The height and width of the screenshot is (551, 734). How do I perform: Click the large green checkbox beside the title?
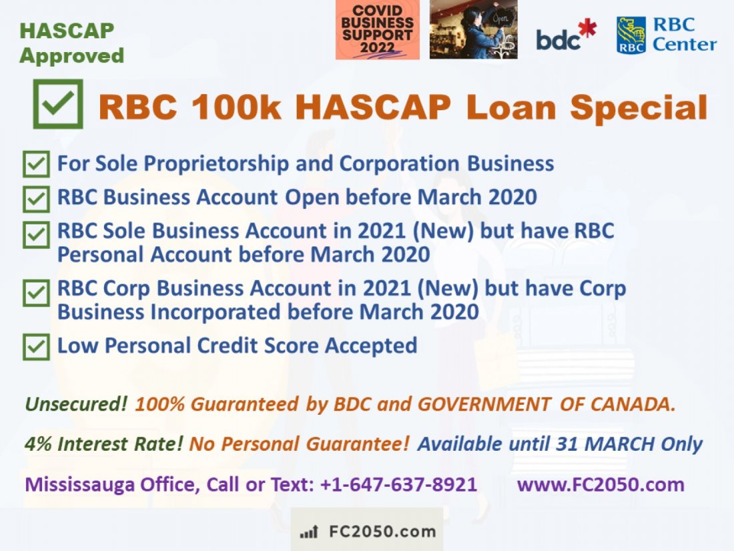(x=58, y=104)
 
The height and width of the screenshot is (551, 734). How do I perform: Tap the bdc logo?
(x=567, y=35)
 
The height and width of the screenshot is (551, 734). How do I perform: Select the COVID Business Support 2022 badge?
(x=377, y=29)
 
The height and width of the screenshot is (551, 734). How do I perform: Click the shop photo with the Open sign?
(x=473, y=29)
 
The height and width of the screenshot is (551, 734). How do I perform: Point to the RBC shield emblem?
(x=631, y=35)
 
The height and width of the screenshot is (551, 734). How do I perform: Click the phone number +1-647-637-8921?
(x=398, y=484)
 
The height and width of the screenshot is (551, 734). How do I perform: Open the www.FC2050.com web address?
(x=601, y=484)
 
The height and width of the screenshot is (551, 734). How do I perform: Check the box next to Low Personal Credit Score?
(x=36, y=347)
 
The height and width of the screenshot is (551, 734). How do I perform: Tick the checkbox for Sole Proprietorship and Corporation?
(x=36, y=164)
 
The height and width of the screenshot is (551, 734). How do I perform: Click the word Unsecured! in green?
(x=76, y=404)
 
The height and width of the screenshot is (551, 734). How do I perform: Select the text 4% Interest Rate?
(x=103, y=443)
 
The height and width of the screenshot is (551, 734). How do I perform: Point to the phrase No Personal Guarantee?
(x=300, y=443)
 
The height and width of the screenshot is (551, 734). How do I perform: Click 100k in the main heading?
(x=236, y=107)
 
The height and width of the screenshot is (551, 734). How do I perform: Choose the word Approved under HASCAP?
(x=71, y=55)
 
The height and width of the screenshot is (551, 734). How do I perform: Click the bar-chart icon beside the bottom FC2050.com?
(x=309, y=532)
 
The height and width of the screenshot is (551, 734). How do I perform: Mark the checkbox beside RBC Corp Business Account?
(x=36, y=293)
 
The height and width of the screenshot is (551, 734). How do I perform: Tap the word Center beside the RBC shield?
(x=685, y=45)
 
